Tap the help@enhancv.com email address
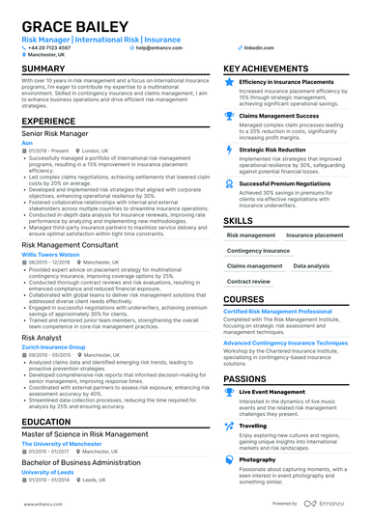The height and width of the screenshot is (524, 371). click(157, 46)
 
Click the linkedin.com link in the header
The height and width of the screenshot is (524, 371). click(258, 46)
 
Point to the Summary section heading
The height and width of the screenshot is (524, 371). click(43, 69)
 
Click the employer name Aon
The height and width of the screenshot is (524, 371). click(26, 142)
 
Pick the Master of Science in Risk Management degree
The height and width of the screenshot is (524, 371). click(85, 434)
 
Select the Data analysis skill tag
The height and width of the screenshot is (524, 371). click(311, 265)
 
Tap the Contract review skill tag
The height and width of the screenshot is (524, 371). click(248, 282)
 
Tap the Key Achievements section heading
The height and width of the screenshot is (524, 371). click(273, 69)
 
